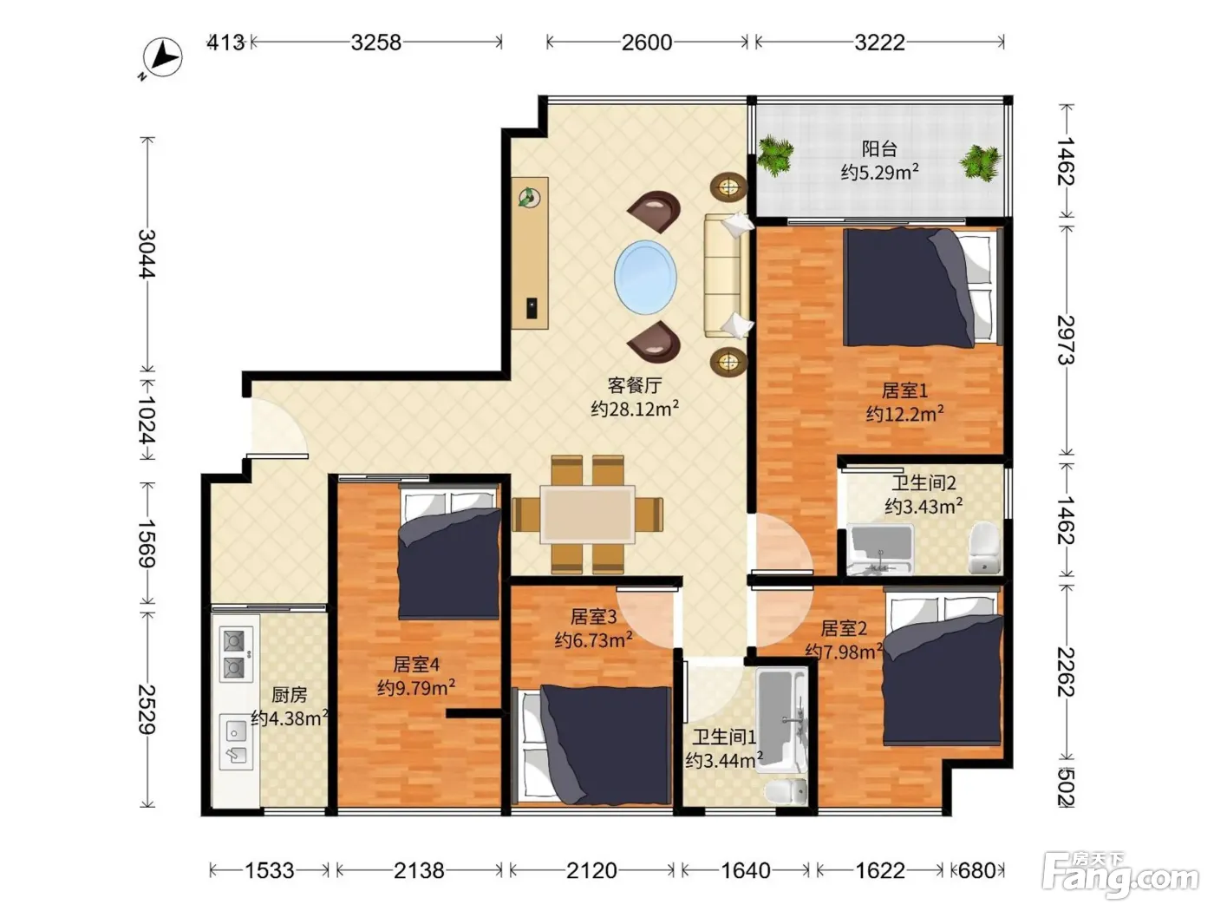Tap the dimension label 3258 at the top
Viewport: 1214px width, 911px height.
[375, 43]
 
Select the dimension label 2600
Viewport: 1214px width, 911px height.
[647, 43]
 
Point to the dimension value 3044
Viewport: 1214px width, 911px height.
[147, 253]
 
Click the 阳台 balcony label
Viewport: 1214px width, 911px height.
[878, 148]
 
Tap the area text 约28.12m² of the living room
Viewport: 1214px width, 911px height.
[635, 409]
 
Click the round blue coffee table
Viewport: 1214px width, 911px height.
[645, 277]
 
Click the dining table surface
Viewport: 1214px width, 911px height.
[587, 514]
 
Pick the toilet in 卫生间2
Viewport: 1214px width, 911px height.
[985, 547]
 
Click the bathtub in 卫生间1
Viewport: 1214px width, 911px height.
[781, 719]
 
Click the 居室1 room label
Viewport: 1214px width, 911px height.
[904, 390]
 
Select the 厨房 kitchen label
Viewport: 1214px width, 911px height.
[289, 695]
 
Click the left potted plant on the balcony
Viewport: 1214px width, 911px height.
[775, 155]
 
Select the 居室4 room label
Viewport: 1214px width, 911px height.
[416, 664]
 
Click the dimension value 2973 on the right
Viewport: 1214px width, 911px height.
[1066, 339]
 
